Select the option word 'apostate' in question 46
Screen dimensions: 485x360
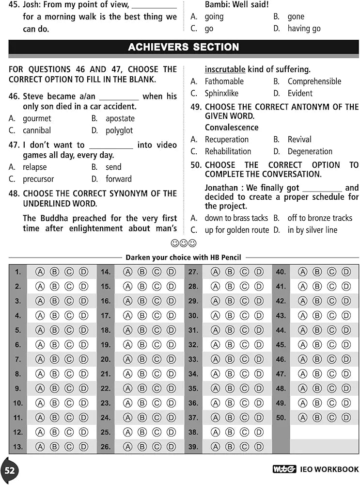click(x=120, y=118)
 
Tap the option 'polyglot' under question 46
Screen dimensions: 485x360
click(x=119, y=130)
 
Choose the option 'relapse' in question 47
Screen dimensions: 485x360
click(x=35, y=167)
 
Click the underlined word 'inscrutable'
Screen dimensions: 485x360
click(x=225, y=69)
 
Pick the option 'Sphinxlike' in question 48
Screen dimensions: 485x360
click(x=221, y=93)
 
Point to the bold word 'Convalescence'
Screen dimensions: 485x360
click(x=232, y=128)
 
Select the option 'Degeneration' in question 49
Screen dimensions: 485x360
click(x=310, y=151)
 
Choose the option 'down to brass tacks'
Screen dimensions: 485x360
click(x=236, y=218)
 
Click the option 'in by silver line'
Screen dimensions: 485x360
click(x=313, y=230)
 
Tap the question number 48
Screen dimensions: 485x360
click(x=14, y=194)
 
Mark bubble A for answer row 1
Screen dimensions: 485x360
click(x=40, y=272)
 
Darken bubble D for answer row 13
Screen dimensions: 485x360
click(x=83, y=447)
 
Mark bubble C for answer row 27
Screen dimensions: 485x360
click(x=245, y=272)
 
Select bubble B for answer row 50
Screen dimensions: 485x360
click(x=317, y=418)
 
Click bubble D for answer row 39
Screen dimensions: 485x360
click(x=259, y=447)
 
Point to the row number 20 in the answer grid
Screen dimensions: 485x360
click(x=106, y=359)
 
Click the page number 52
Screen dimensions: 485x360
click(x=10, y=470)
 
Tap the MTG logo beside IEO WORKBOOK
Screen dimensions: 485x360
click(x=284, y=469)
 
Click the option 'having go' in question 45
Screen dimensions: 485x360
click(x=304, y=29)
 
